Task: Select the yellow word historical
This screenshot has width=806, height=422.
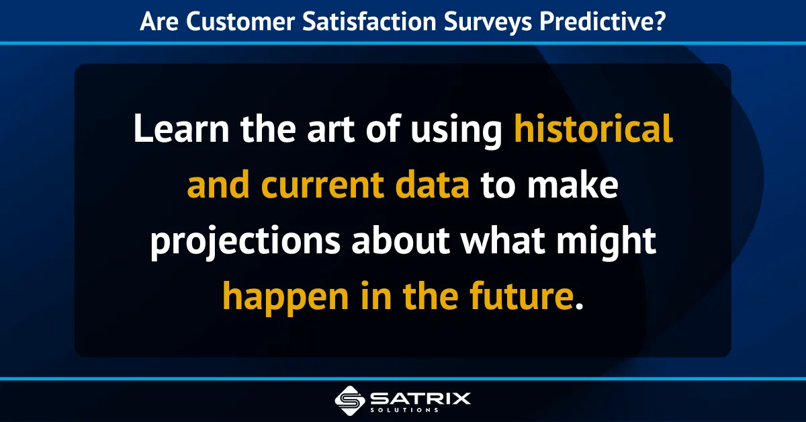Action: click(594, 129)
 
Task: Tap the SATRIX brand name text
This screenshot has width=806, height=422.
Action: click(420, 396)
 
